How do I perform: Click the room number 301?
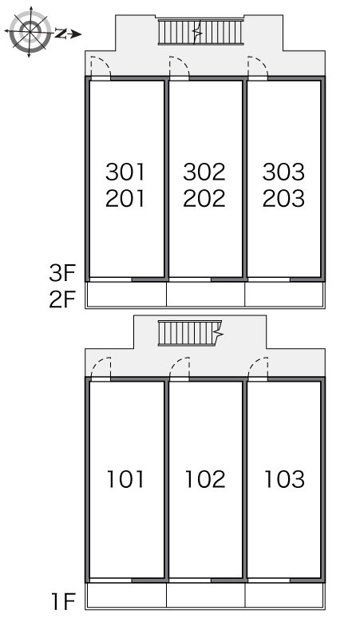coord(125,172)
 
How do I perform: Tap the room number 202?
coord(204,198)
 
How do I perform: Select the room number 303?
coord(283,172)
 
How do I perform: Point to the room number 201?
coord(125,198)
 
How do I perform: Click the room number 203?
coord(283,198)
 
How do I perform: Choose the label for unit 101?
coord(125,479)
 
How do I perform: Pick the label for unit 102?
coord(205,479)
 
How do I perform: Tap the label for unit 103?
coord(284,479)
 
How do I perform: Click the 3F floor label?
coord(62,274)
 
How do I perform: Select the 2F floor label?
coord(62,300)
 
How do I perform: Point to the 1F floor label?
coord(63,601)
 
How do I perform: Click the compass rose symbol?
coord(30,31)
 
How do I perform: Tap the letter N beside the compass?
coord(60,34)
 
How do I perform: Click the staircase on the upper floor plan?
coord(201,31)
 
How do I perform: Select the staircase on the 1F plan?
coord(190,334)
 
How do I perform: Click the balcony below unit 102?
coord(206,595)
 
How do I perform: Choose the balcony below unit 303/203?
coord(284,294)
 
